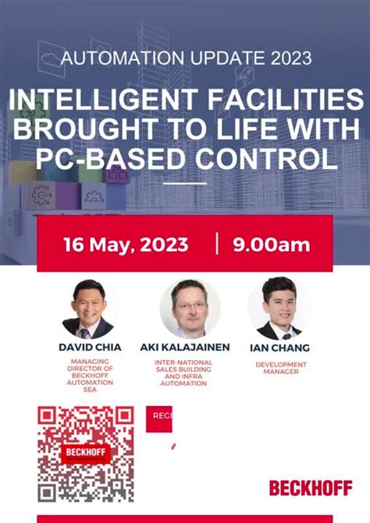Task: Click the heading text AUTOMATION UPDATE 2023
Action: point(185,58)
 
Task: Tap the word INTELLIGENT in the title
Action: point(101,101)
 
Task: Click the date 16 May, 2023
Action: point(125,244)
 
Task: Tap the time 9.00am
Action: point(271,244)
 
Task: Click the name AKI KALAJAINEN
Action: point(185,347)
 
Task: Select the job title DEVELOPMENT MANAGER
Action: point(281,368)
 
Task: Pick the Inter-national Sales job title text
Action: point(185,373)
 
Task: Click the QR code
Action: point(86,454)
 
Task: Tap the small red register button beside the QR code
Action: point(159,418)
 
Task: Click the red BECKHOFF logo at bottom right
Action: point(310,488)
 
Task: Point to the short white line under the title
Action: point(185,184)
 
